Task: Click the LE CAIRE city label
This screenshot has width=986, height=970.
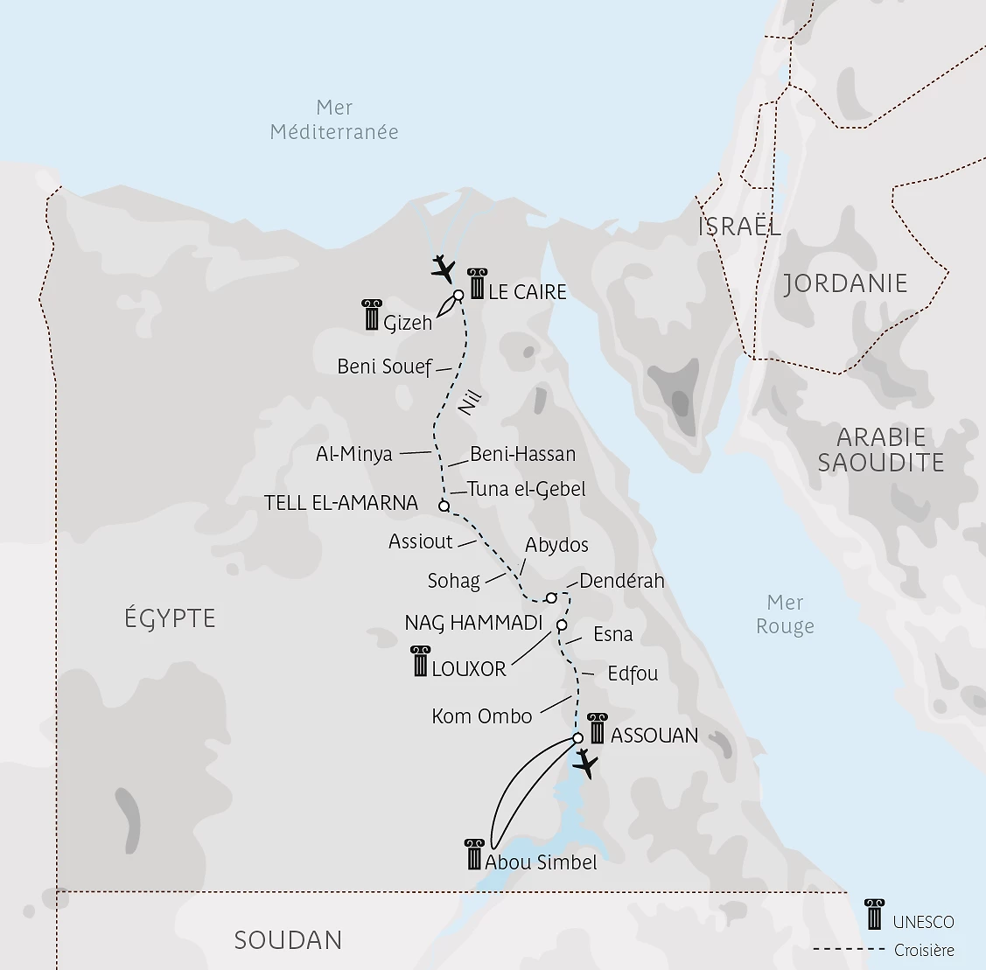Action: [527, 292]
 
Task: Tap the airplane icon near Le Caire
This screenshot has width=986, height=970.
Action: [444, 268]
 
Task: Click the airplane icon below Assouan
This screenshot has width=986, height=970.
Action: [585, 764]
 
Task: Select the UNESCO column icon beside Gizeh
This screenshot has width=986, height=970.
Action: [372, 315]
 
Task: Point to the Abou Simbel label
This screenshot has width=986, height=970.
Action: [541, 862]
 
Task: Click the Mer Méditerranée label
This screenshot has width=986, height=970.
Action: [334, 120]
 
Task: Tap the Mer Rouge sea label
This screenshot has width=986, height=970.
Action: [785, 614]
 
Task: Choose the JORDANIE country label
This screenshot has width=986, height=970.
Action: [845, 283]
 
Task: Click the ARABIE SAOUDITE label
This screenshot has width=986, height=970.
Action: [881, 450]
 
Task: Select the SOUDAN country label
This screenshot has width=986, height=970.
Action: [288, 940]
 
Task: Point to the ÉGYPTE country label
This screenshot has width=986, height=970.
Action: [170, 618]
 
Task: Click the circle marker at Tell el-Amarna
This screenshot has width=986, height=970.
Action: [444, 506]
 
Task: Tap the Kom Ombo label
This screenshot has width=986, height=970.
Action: [481, 716]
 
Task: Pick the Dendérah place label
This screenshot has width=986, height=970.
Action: [621, 581]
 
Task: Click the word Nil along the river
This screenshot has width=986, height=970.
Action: [470, 404]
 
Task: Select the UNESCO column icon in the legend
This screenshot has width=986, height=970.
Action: [873, 914]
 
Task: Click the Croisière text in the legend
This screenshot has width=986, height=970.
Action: [924, 950]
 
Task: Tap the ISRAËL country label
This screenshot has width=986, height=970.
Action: [739, 227]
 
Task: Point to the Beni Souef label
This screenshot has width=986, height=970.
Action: [385, 366]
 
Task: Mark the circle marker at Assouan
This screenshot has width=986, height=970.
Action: [577, 738]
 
